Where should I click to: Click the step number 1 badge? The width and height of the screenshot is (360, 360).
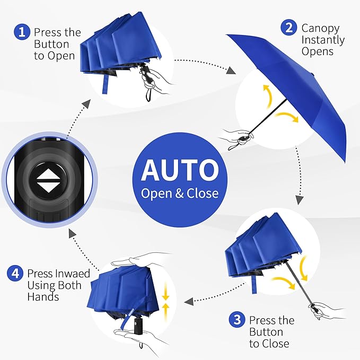click(x=22, y=32)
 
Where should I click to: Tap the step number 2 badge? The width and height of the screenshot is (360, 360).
click(x=289, y=28)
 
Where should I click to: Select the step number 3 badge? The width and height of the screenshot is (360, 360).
click(x=237, y=320)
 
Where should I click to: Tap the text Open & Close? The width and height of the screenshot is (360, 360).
click(x=180, y=193)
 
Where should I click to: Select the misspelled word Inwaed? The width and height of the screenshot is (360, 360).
click(x=73, y=274)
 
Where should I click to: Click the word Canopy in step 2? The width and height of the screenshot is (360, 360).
click(x=320, y=28)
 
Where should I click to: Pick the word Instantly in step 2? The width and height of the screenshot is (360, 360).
click(x=323, y=40)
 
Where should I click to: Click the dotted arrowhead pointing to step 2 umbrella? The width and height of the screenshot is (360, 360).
click(x=231, y=71)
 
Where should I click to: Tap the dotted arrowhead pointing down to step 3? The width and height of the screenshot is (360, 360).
click(x=299, y=199)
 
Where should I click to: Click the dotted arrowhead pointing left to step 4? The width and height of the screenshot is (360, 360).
click(x=188, y=301)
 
